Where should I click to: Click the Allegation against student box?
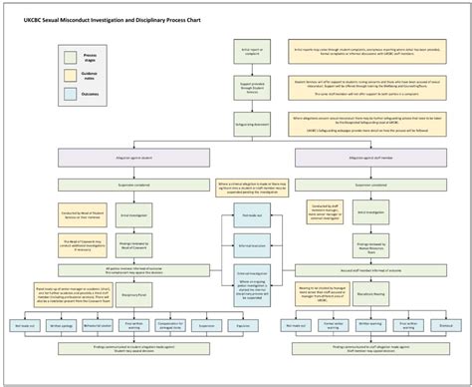tap(137, 160)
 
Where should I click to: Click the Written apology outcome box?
tap(63, 324)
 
